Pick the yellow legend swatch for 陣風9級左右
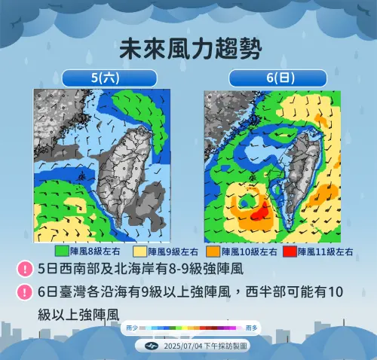pos(140,252)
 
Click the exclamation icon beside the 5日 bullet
pos(25,268)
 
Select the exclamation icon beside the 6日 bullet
pos(25,291)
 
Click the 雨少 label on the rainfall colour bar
pos(132,328)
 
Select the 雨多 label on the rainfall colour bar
pos(252,328)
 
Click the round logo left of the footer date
pos(151,345)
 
